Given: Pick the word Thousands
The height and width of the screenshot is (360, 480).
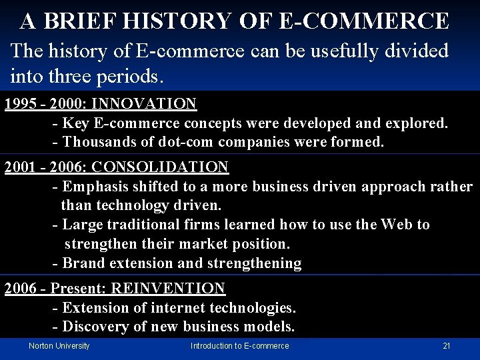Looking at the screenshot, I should [95, 142].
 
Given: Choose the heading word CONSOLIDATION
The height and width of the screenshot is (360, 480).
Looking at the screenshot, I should [160, 167].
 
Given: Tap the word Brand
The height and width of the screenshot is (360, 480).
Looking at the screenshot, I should [81, 263].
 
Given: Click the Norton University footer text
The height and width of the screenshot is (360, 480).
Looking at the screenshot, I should [59, 346].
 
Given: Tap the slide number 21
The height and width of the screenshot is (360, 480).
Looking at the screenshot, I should [447, 346].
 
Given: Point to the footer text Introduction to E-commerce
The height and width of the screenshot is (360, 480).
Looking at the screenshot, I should [239, 346].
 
